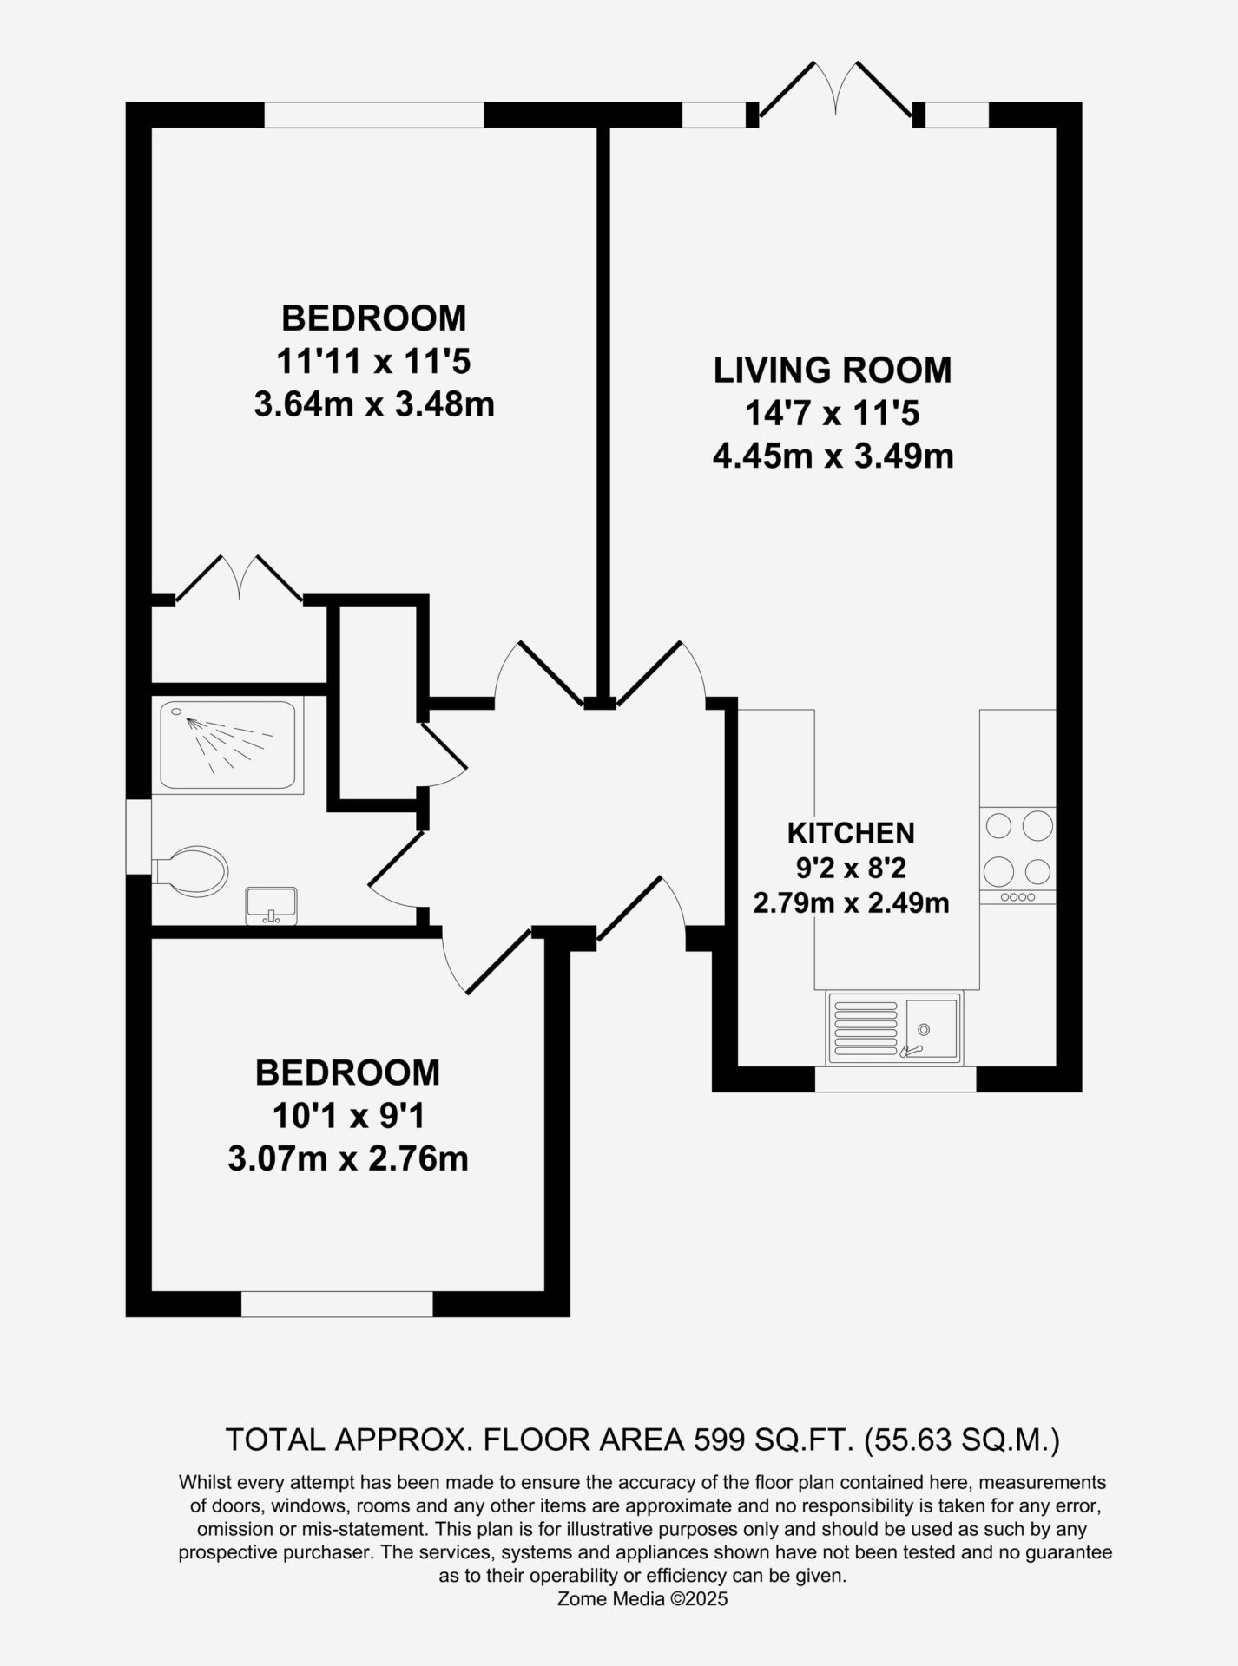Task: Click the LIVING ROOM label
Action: point(833,371)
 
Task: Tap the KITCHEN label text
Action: point(851,833)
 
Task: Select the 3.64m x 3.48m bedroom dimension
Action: point(374,404)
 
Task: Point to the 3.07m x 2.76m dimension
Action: point(348,1158)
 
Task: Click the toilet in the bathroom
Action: point(191,871)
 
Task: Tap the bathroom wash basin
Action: point(272,906)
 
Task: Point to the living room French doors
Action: point(835,91)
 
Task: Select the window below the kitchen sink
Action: point(895,1079)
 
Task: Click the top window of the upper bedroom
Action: point(374,115)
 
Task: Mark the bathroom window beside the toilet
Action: point(139,836)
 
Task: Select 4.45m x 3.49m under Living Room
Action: point(833,456)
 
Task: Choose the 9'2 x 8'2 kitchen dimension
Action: point(851,868)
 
